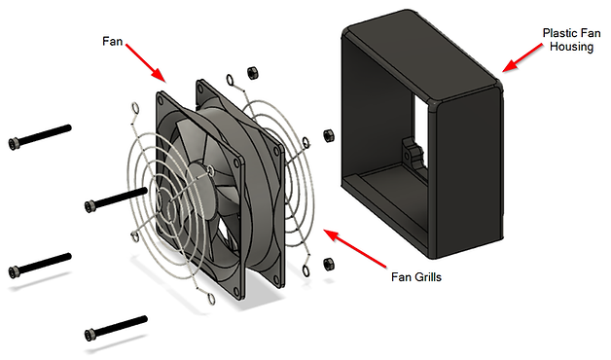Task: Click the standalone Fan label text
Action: [x=112, y=41]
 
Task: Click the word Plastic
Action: [x=560, y=33]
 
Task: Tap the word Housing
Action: [x=571, y=47]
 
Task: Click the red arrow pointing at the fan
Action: [x=146, y=63]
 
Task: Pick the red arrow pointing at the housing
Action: [x=522, y=57]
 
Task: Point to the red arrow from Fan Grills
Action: [x=355, y=249]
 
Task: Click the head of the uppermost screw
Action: [x=14, y=144]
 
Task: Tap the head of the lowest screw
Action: [x=90, y=335]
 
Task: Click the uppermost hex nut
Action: [x=253, y=72]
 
